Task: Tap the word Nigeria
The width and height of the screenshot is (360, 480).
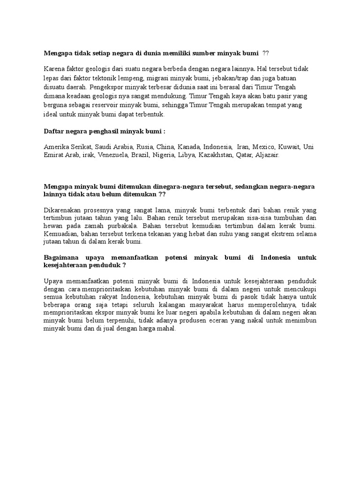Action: [163, 155]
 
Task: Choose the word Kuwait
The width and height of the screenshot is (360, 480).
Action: [290, 147]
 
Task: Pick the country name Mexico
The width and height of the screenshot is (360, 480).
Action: [265, 147]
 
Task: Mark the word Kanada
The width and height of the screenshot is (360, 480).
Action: [188, 147]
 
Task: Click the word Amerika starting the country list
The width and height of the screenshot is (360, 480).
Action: [57, 147]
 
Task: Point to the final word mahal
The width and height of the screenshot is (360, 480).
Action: [165, 329]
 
